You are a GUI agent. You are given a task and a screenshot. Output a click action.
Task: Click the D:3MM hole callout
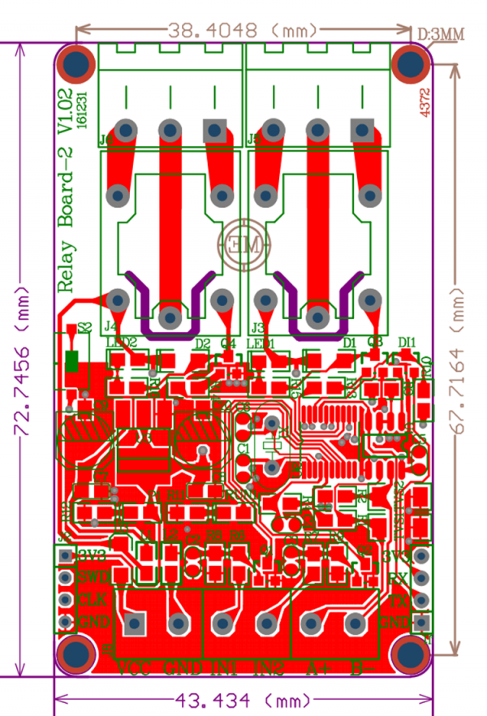[x=442, y=34]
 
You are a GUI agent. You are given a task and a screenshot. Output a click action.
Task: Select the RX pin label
[x=398, y=578]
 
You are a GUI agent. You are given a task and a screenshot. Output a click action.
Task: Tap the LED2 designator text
[x=121, y=343]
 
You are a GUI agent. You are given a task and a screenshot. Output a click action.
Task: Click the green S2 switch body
[x=72, y=360]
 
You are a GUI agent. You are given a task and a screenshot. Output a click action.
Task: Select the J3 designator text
[x=259, y=329]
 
